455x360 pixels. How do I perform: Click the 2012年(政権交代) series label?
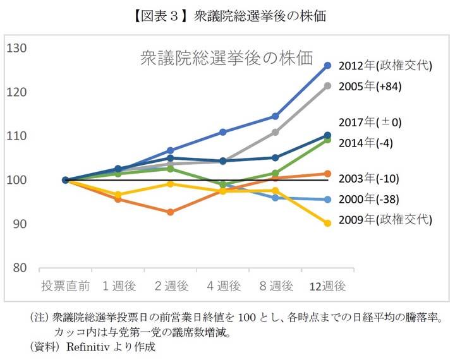[x=385, y=66]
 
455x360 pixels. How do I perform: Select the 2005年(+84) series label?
[x=370, y=87]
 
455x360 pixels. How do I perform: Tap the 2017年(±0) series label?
[x=370, y=122]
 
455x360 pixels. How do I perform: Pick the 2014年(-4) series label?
[x=366, y=143]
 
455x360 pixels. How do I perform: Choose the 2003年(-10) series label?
[x=369, y=178]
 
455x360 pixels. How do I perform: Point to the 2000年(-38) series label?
[x=369, y=200]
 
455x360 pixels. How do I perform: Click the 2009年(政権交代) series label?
[x=385, y=220]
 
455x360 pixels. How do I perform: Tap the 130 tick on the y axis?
[x=17, y=48]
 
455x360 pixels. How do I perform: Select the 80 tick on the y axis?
[x=20, y=268]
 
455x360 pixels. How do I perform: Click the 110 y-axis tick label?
[x=17, y=136]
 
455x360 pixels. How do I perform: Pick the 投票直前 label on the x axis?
[x=65, y=286]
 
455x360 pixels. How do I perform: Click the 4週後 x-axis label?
[x=223, y=286]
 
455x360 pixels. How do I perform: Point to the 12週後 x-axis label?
[x=327, y=286]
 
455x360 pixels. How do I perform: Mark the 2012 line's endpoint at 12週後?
[x=327, y=65]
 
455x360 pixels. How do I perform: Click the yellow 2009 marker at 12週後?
[x=327, y=223]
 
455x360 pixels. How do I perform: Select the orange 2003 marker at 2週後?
[x=170, y=212]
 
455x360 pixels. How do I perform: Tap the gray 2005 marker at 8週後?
[x=275, y=132]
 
